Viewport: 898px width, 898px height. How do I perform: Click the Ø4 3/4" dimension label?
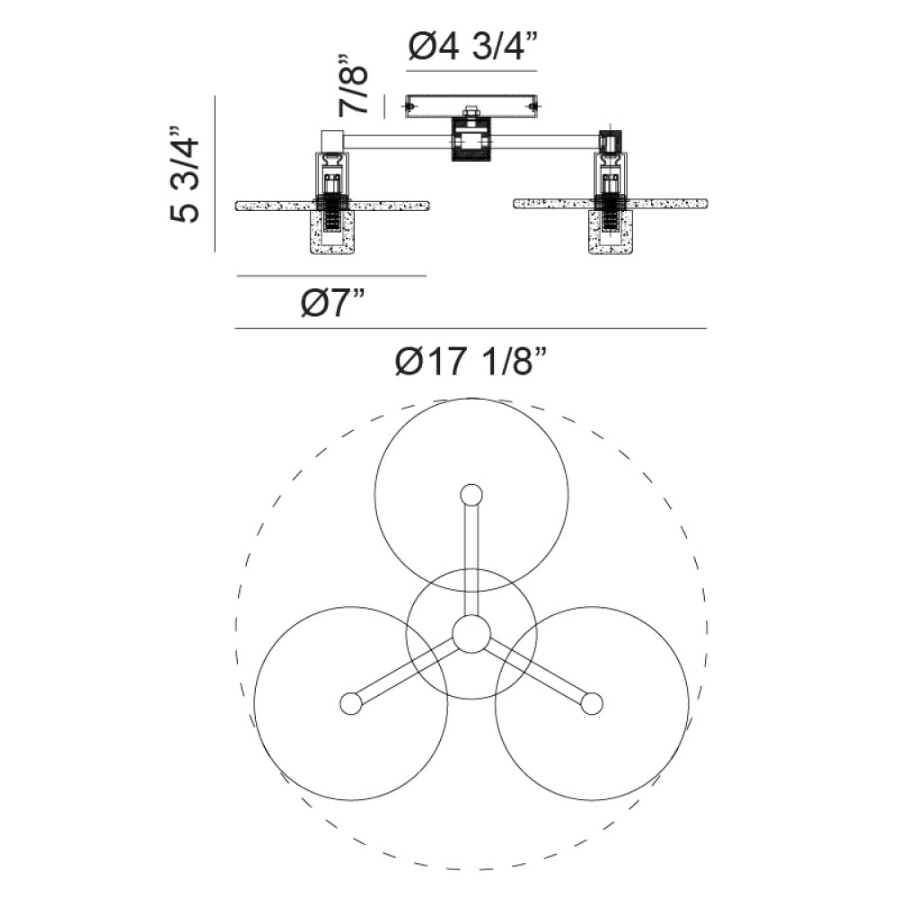coord(473,46)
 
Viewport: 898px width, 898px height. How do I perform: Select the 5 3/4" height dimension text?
coord(185,173)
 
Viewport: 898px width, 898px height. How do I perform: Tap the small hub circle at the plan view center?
coord(471,634)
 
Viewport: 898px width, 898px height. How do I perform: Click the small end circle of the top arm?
coord(471,495)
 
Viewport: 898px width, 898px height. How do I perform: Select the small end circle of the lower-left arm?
coord(351,703)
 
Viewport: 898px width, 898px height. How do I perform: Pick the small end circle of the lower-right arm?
coord(592,703)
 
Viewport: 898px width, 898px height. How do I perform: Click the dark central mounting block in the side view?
coord(471,139)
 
